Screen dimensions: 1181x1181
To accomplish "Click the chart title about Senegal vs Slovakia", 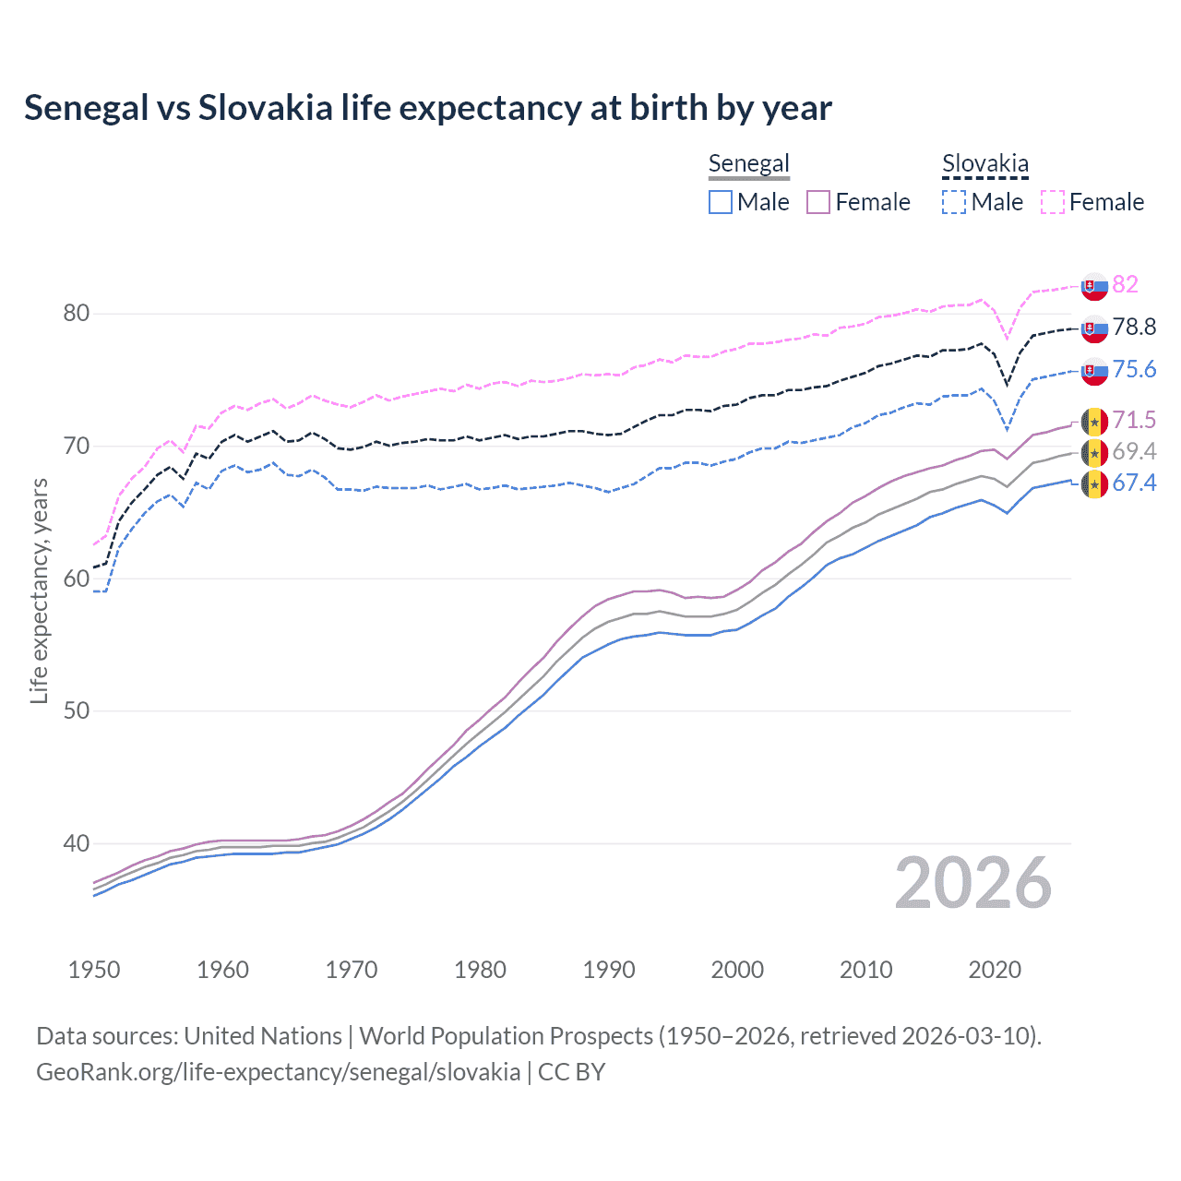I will [x=428, y=108].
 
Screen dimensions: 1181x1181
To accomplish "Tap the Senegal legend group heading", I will [x=748, y=164].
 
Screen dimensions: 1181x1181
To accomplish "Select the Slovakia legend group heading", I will [x=984, y=164].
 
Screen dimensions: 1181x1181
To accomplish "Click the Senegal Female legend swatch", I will [x=818, y=202].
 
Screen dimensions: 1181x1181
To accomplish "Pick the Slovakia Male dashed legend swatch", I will [x=954, y=202].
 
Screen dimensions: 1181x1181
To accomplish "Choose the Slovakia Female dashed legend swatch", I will [x=1053, y=202].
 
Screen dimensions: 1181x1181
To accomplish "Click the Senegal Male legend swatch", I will [x=721, y=202].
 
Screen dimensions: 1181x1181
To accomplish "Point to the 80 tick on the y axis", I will [x=77, y=314].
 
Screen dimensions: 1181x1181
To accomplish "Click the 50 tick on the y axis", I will [x=77, y=711].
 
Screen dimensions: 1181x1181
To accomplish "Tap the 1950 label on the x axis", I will [x=94, y=970].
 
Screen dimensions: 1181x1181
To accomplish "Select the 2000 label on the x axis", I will [x=737, y=970].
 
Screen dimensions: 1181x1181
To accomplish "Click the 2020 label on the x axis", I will [x=995, y=970].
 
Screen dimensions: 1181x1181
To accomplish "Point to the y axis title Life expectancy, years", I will [x=39, y=590].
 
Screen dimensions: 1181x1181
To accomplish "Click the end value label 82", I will [x=1125, y=284].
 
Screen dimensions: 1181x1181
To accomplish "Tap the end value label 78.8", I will [x=1134, y=327].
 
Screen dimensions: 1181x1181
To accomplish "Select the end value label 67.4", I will [x=1134, y=483].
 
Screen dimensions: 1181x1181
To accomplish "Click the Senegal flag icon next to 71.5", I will [x=1094, y=421].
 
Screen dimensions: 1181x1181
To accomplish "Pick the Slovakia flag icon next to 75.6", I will [x=1094, y=370].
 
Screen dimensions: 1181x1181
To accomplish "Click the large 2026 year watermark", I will [x=973, y=883].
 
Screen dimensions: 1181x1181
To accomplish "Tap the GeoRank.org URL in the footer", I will [x=278, y=1072].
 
